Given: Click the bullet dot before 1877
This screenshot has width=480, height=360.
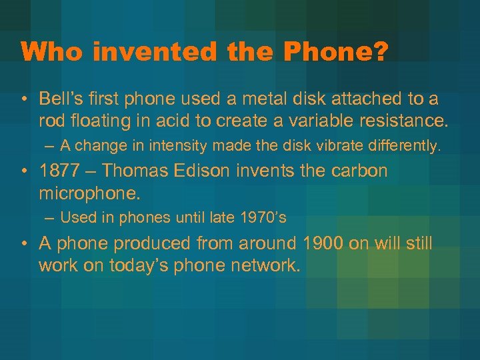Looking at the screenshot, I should (25, 171).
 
